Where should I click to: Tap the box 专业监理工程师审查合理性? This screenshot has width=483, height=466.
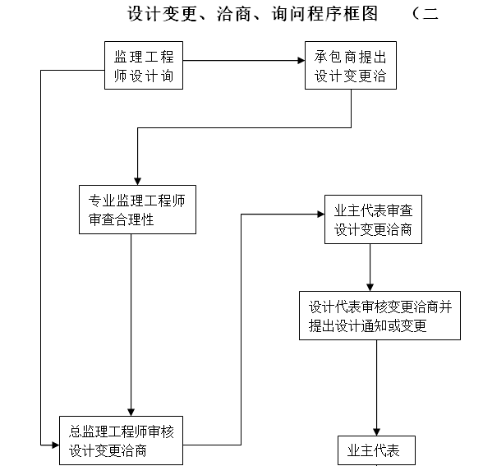pos(137,209)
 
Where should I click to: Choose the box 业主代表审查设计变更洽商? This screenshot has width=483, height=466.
pos(373,219)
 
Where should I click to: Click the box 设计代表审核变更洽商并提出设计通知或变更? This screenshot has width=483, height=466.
pos(379,315)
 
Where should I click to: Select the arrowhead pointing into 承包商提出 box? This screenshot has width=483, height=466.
pos(300,61)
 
